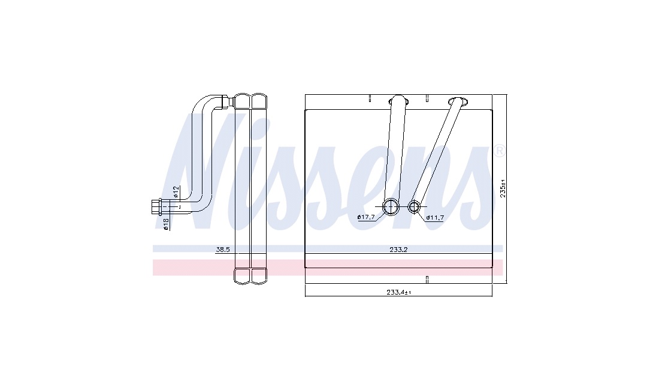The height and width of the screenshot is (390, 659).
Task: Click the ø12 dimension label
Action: [177, 192]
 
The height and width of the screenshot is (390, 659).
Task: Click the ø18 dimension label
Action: [165, 224]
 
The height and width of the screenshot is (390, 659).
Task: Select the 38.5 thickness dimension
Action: [223, 250]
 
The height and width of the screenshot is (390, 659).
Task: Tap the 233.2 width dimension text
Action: [398, 250]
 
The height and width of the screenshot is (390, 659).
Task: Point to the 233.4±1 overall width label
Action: [398, 292]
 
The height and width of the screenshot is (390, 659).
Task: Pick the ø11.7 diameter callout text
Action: [435, 218]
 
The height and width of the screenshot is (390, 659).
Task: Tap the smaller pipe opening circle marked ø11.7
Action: [415, 206]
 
